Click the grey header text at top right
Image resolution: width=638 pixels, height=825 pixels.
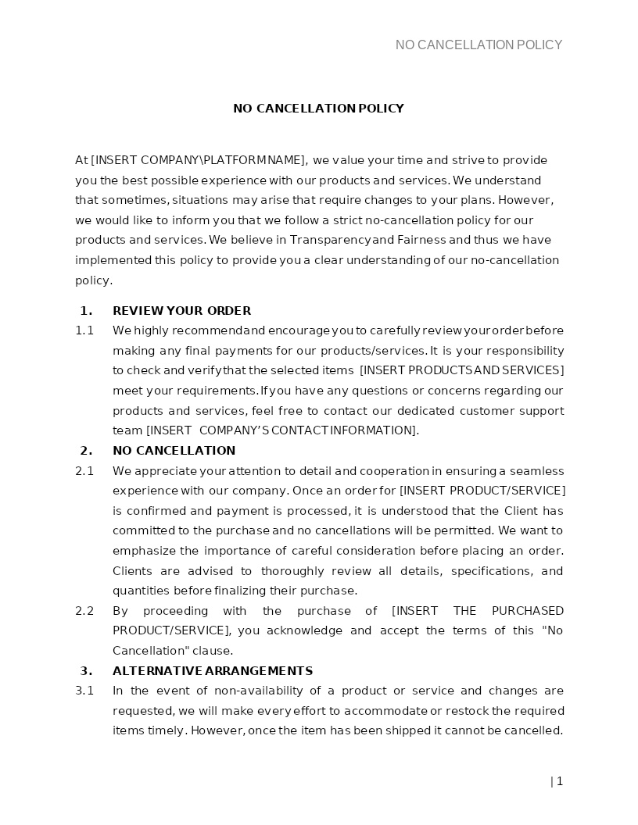click(478, 45)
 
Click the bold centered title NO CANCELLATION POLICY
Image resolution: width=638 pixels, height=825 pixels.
click(318, 109)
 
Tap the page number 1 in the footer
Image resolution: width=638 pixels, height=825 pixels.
click(560, 781)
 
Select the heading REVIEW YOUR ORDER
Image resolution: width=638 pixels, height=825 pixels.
click(181, 311)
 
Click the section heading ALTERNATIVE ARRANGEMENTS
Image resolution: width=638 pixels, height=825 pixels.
click(213, 671)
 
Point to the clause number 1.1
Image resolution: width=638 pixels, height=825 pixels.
click(84, 330)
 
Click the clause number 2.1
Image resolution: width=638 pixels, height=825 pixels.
click(84, 471)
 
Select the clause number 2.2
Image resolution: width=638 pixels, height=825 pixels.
click(84, 611)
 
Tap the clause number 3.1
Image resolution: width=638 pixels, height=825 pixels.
click(84, 691)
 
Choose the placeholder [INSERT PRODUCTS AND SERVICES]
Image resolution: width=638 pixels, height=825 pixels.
click(461, 370)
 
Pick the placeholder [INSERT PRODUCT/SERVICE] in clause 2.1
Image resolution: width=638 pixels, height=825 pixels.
click(482, 491)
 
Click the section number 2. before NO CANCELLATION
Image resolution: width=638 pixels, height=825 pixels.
click(86, 451)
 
